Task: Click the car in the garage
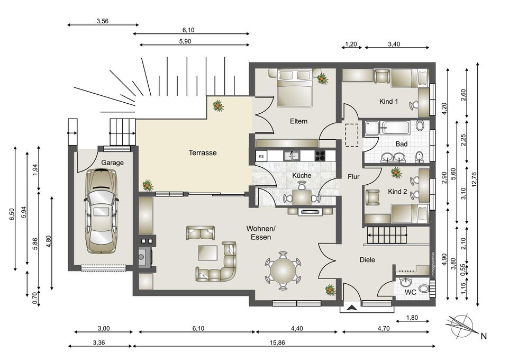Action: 101,211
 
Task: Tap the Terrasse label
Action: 203,152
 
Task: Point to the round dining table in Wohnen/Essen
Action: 283,270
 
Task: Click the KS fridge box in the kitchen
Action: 261,156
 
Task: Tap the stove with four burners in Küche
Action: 320,156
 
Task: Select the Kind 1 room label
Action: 388,101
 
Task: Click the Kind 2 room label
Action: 397,192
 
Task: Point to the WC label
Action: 410,292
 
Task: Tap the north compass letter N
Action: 484,336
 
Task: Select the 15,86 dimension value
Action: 277,343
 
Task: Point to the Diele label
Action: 367,260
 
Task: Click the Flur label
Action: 353,177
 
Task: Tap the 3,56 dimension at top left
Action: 103,21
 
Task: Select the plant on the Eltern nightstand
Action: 322,78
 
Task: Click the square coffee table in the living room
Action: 208,253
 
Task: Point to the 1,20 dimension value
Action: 351,44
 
